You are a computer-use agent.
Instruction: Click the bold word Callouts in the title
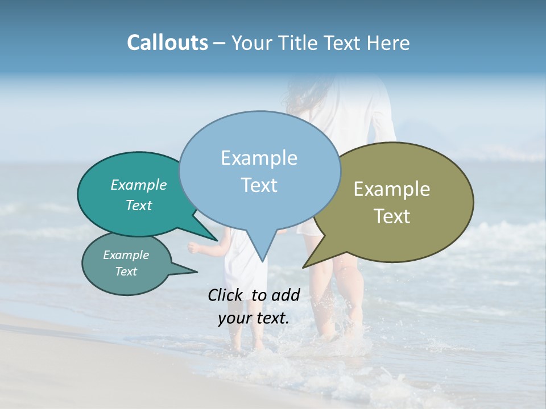click(167, 43)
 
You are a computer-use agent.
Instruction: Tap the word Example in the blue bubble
click(259, 158)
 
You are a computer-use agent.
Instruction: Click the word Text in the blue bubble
click(259, 185)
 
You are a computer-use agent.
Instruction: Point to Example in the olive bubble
click(392, 189)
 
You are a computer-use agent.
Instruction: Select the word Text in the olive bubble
click(392, 216)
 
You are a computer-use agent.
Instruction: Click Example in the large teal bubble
click(139, 185)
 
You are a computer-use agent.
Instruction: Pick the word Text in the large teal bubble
click(139, 205)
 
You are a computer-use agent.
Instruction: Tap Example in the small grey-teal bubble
click(126, 255)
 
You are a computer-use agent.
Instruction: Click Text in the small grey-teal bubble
click(126, 272)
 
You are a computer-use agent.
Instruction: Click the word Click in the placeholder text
click(226, 295)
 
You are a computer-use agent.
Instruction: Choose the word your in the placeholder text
click(235, 319)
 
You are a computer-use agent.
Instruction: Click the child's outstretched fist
click(193, 247)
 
